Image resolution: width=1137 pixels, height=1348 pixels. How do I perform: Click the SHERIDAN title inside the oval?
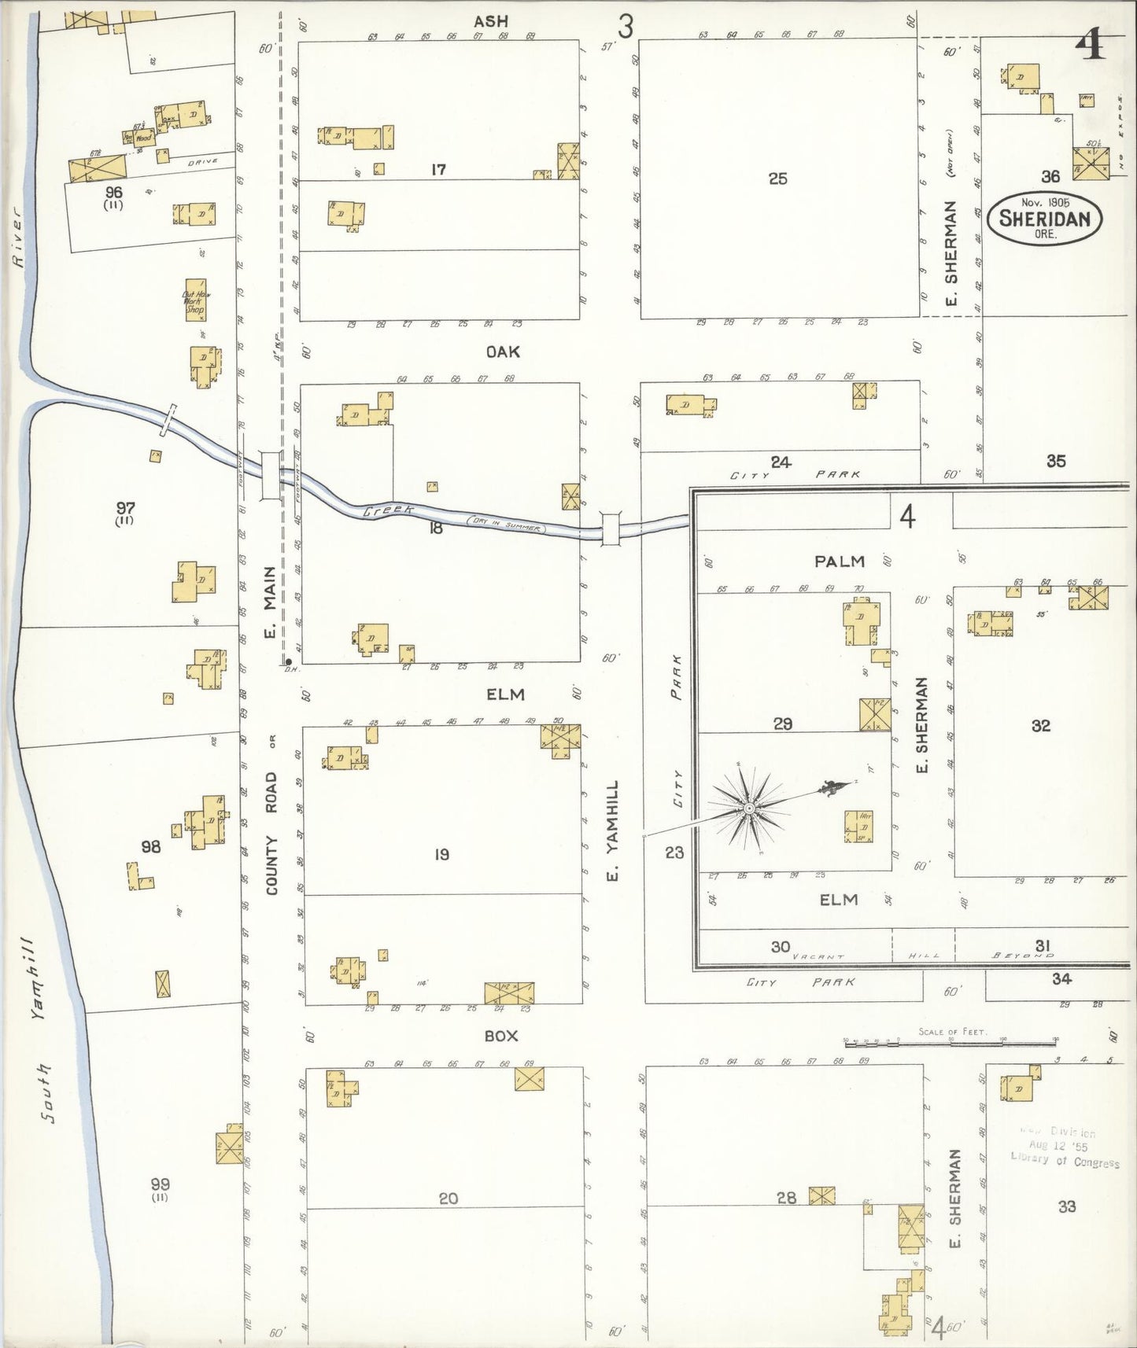1044,219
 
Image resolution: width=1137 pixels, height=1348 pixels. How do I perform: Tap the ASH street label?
490,22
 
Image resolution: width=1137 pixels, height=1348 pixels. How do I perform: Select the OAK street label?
502,352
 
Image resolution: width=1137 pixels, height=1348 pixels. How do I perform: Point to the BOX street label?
501,1036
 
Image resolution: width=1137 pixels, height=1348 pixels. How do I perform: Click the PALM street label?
840,562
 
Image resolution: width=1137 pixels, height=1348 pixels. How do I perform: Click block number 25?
777,179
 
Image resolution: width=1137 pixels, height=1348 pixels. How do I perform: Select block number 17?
438,168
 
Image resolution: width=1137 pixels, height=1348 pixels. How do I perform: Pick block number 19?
441,854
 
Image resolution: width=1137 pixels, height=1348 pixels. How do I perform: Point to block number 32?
1040,725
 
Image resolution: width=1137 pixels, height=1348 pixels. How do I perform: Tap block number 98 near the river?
150,847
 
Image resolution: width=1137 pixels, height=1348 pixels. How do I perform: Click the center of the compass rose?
750,808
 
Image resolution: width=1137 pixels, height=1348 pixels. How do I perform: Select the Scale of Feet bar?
950,1043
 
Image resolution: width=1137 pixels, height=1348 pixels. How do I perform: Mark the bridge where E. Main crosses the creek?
270,475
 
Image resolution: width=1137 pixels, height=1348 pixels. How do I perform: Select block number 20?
448,1199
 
